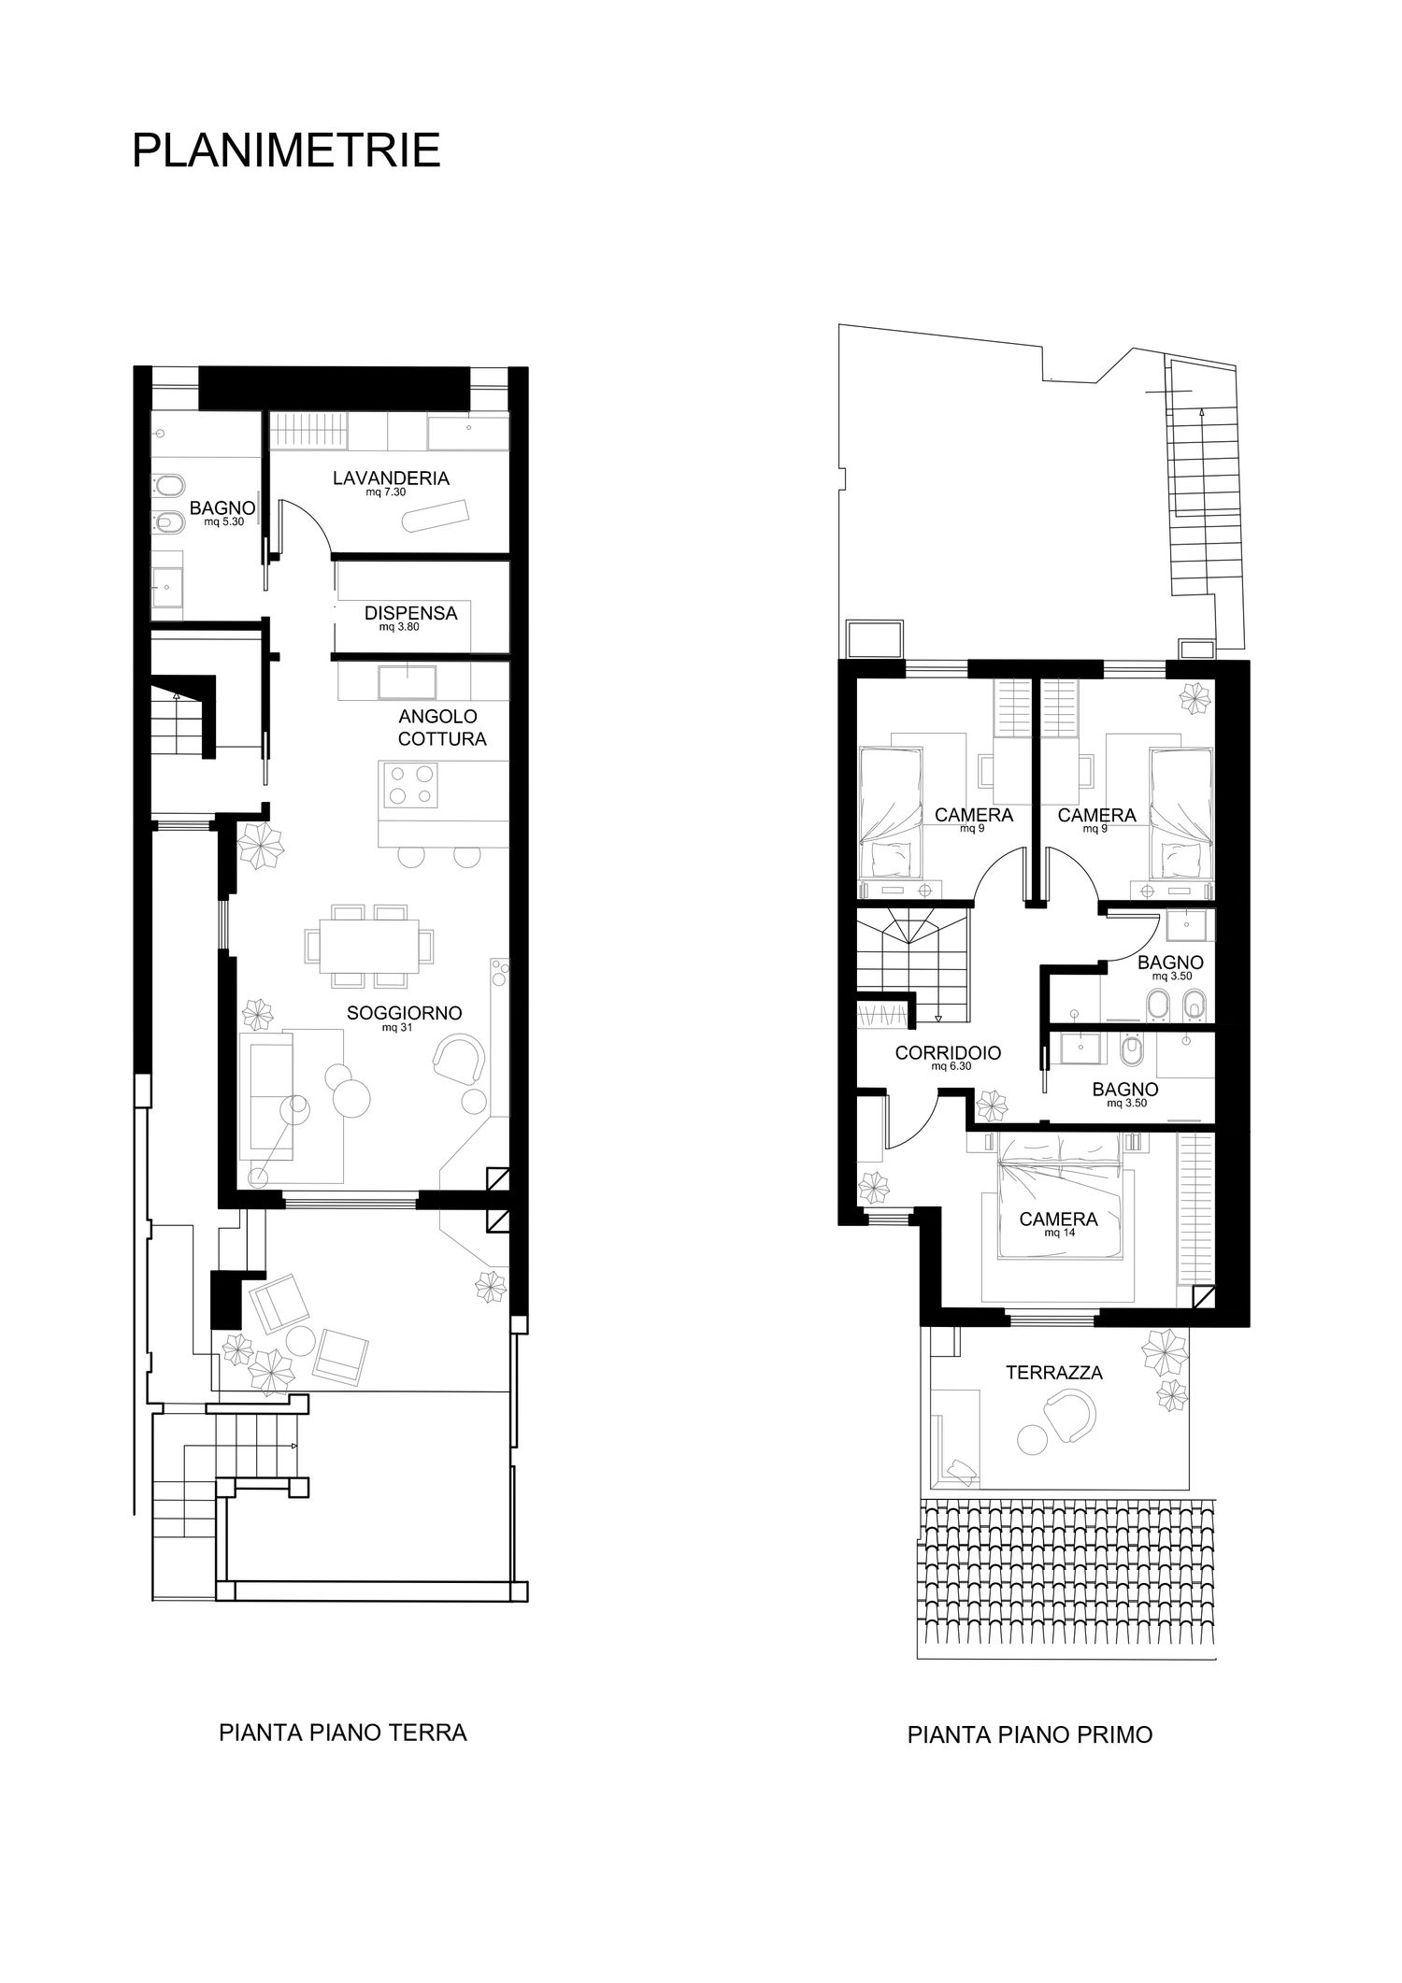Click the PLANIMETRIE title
click(x=286, y=150)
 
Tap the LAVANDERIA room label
click(x=391, y=478)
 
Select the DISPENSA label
click(x=411, y=614)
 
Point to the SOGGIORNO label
click(x=405, y=1013)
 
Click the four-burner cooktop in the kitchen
click(x=410, y=784)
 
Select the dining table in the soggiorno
click(x=369, y=945)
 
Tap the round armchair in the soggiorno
click(x=461, y=1059)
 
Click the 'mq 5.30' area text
click(x=223, y=522)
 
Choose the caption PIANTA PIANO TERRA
click(x=343, y=1733)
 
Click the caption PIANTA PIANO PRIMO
click(x=1030, y=1735)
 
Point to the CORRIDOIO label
click(x=948, y=1053)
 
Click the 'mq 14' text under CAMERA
click(x=1058, y=1233)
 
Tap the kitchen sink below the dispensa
click(x=407, y=681)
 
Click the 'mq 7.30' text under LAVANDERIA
click(x=385, y=492)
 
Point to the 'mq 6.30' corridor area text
click(x=951, y=1066)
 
